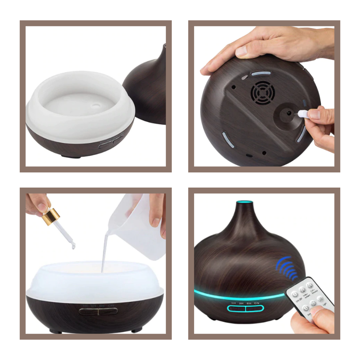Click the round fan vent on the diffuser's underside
click(x=262, y=92)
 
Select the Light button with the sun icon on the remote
click(x=320, y=300)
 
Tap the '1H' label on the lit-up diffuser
click(x=233, y=303)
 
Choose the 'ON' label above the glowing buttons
click(x=256, y=303)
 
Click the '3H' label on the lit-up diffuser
click(x=241, y=303)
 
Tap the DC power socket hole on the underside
click(x=289, y=113)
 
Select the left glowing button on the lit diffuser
click(x=236, y=309)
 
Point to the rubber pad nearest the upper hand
click(x=261, y=73)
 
